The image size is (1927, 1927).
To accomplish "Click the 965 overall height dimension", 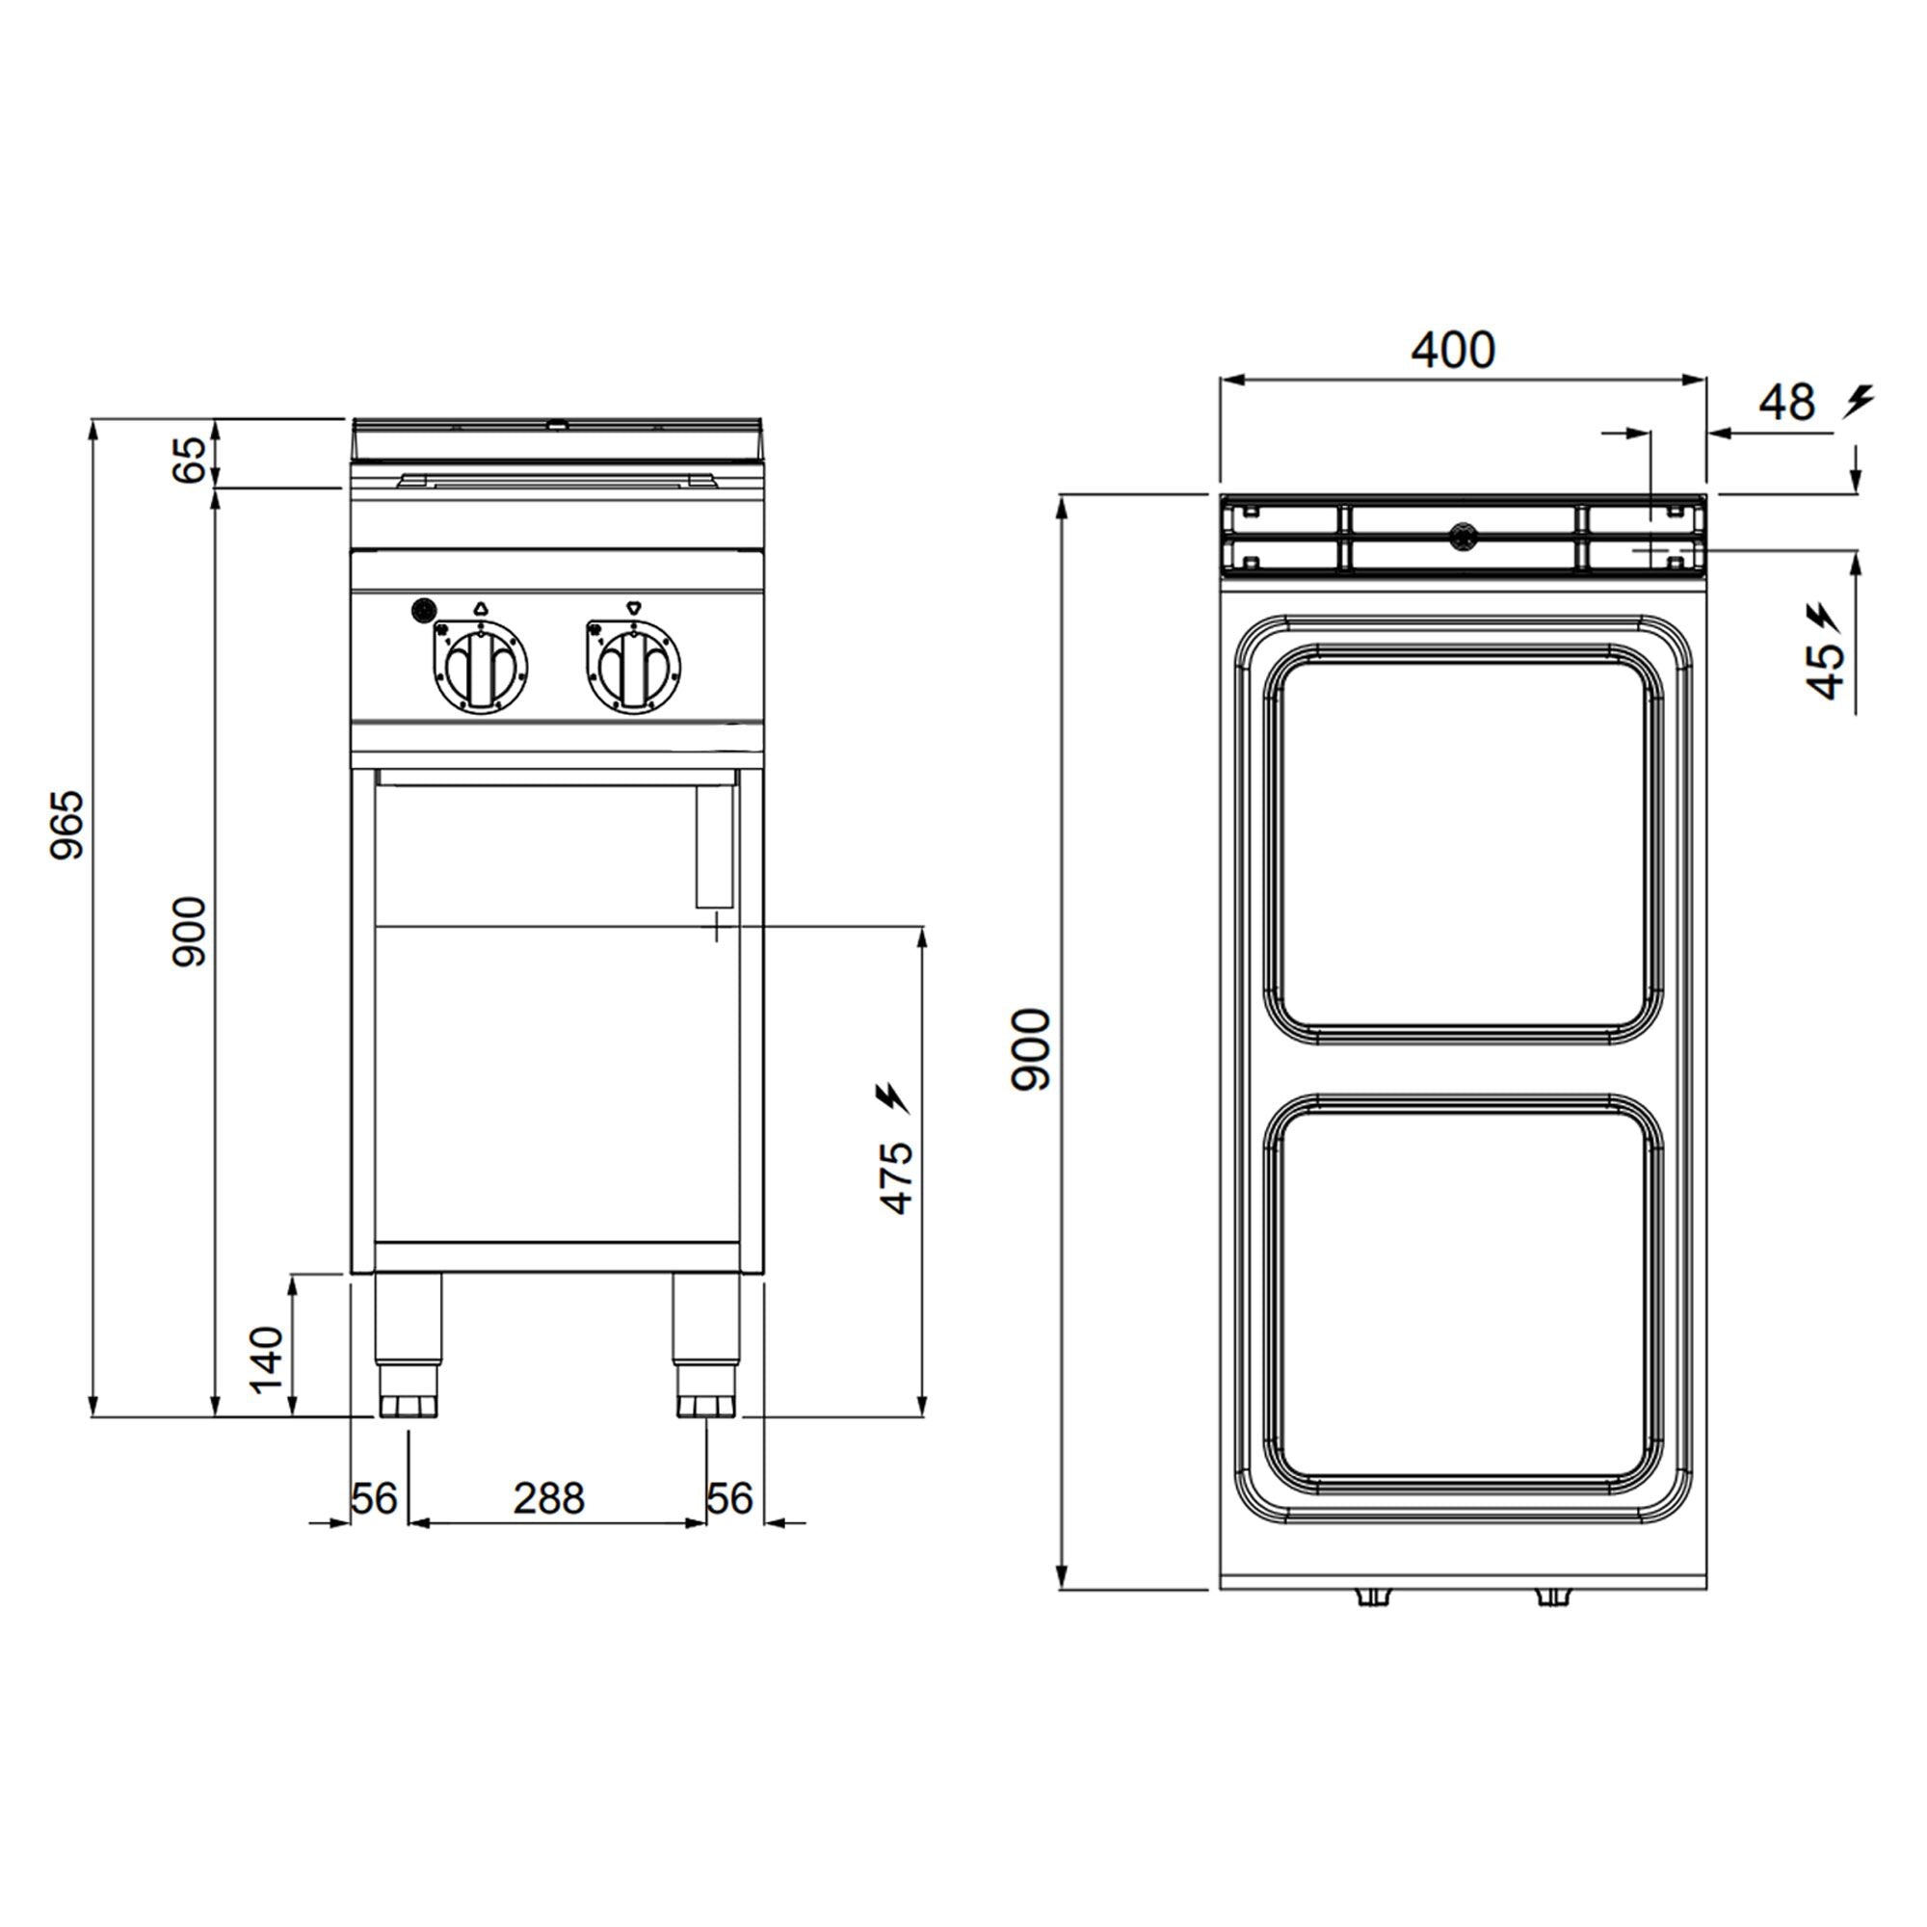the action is pos(68,825).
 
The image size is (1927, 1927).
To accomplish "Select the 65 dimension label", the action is pos(190,459).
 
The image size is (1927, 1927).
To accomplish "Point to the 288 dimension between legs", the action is pos(548,1498).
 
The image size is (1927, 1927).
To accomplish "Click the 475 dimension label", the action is pos(897,1178).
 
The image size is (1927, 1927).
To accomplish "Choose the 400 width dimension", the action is pos(1453,349).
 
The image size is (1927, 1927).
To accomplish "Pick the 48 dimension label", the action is pos(1786,402).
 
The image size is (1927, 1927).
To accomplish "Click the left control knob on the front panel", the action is pos(480,667).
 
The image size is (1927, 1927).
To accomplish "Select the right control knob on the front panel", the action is pos(633,667).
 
